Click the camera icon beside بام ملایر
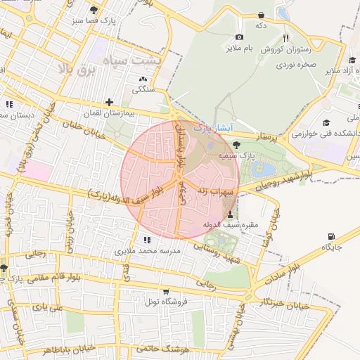239,37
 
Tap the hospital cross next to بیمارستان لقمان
109,103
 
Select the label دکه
261,25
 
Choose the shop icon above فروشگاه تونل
165,291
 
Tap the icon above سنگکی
143,79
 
